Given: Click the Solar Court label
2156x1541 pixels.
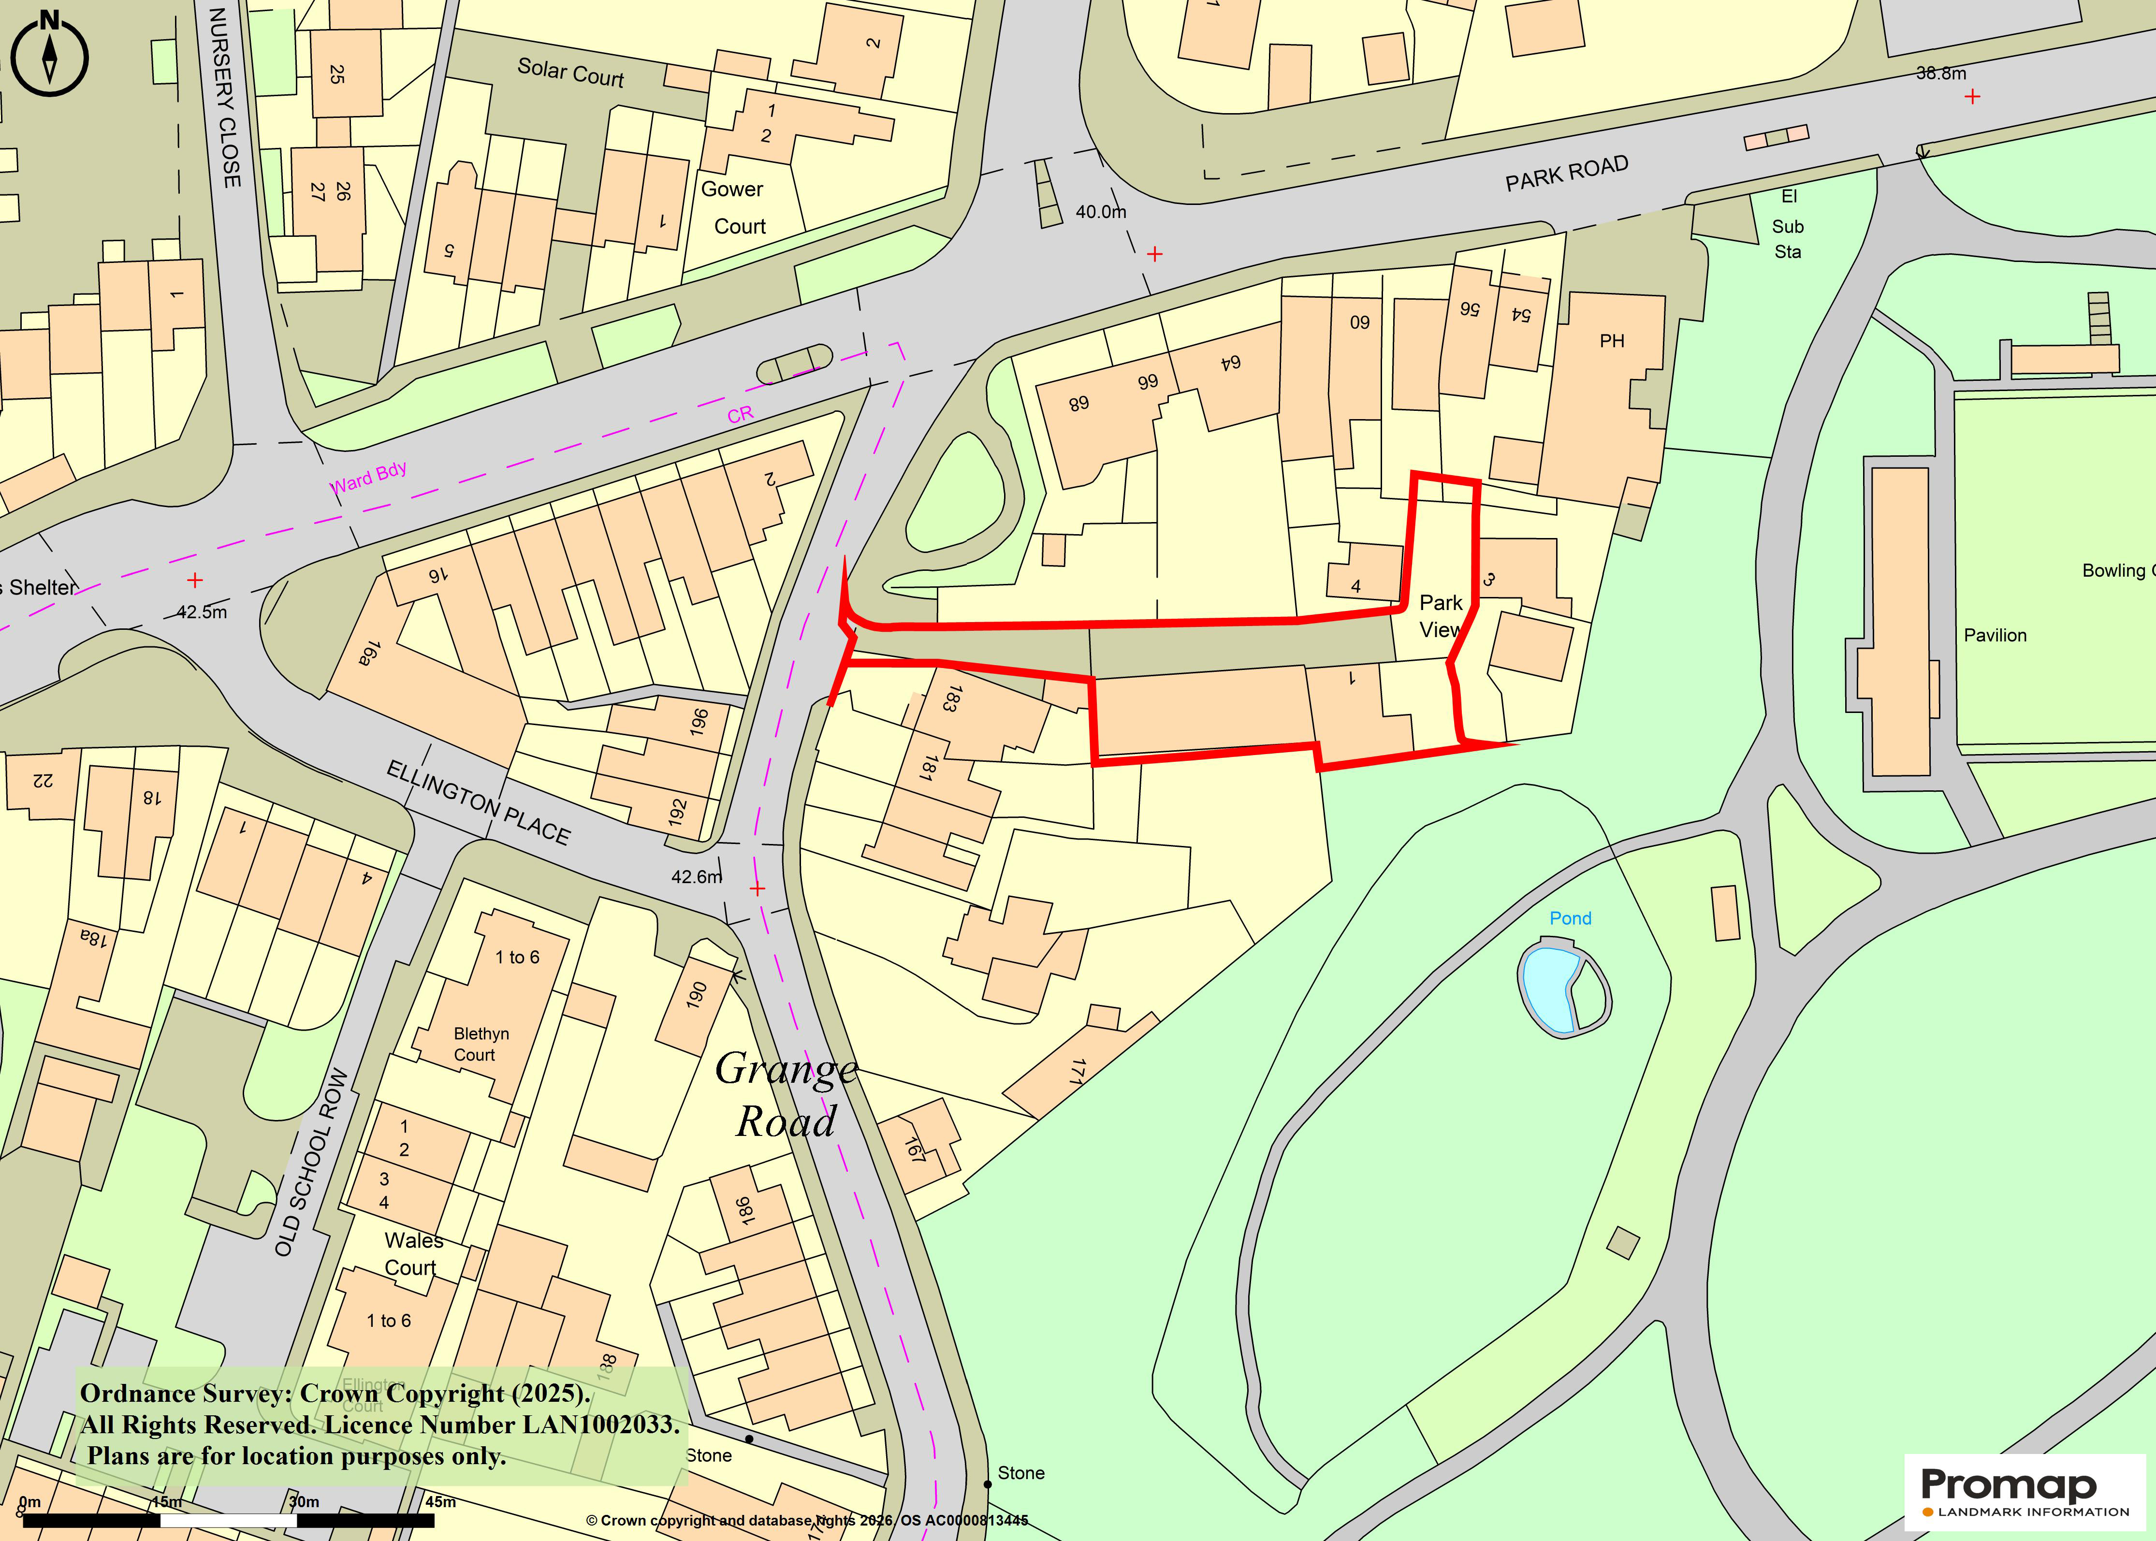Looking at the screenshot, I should click(570, 72).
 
